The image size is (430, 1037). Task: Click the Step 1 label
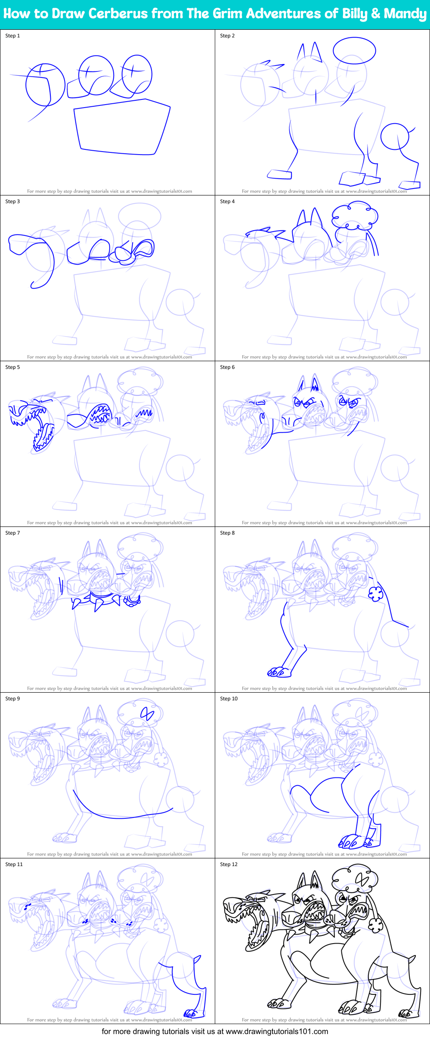click(x=12, y=36)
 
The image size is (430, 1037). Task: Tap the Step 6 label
click(x=227, y=367)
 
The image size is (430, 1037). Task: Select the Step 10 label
click(x=229, y=699)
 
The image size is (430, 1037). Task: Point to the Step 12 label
click(x=229, y=864)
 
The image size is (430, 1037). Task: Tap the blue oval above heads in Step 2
click(x=354, y=51)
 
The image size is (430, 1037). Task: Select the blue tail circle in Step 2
click(x=395, y=136)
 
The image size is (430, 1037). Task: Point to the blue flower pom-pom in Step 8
click(x=376, y=594)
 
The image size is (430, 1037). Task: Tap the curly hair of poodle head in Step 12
click(x=356, y=879)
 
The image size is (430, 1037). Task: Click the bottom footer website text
click(x=215, y=1031)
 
